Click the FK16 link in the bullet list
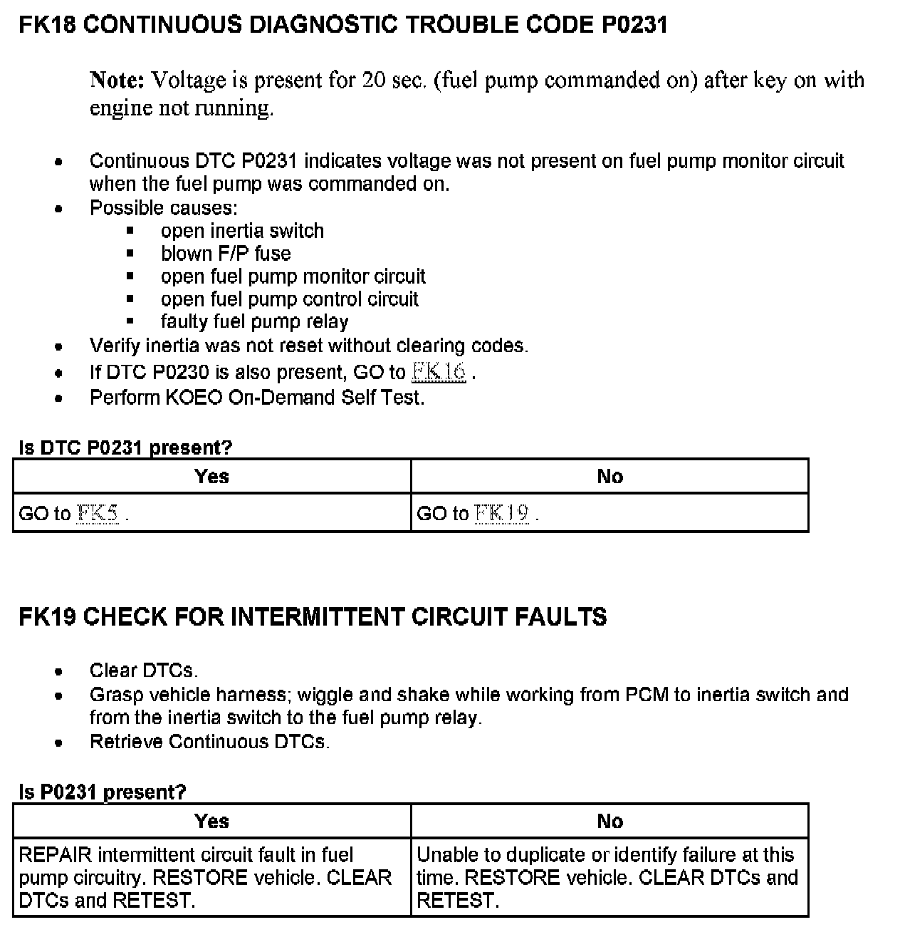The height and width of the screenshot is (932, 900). (439, 372)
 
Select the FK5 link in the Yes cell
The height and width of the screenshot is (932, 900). (98, 514)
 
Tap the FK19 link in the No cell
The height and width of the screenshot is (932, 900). (501, 514)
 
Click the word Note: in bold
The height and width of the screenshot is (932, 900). (117, 80)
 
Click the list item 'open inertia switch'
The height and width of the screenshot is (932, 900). (242, 231)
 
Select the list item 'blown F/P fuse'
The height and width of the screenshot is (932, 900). (226, 254)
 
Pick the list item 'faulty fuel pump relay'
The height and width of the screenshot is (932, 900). (254, 322)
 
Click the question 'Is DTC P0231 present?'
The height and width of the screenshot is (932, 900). (125, 447)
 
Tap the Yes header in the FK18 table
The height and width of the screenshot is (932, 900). (211, 476)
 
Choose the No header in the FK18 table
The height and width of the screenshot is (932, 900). (609, 476)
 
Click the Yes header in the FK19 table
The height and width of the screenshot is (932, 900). (211, 821)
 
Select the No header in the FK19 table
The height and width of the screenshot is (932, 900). (609, 821)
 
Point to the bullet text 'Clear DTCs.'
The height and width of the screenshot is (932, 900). (144, 670)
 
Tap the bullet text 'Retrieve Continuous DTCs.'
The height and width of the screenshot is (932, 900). (209, 742)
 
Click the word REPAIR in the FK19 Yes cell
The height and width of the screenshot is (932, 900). (56, 855)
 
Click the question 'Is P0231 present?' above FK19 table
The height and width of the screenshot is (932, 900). (102, 792)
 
